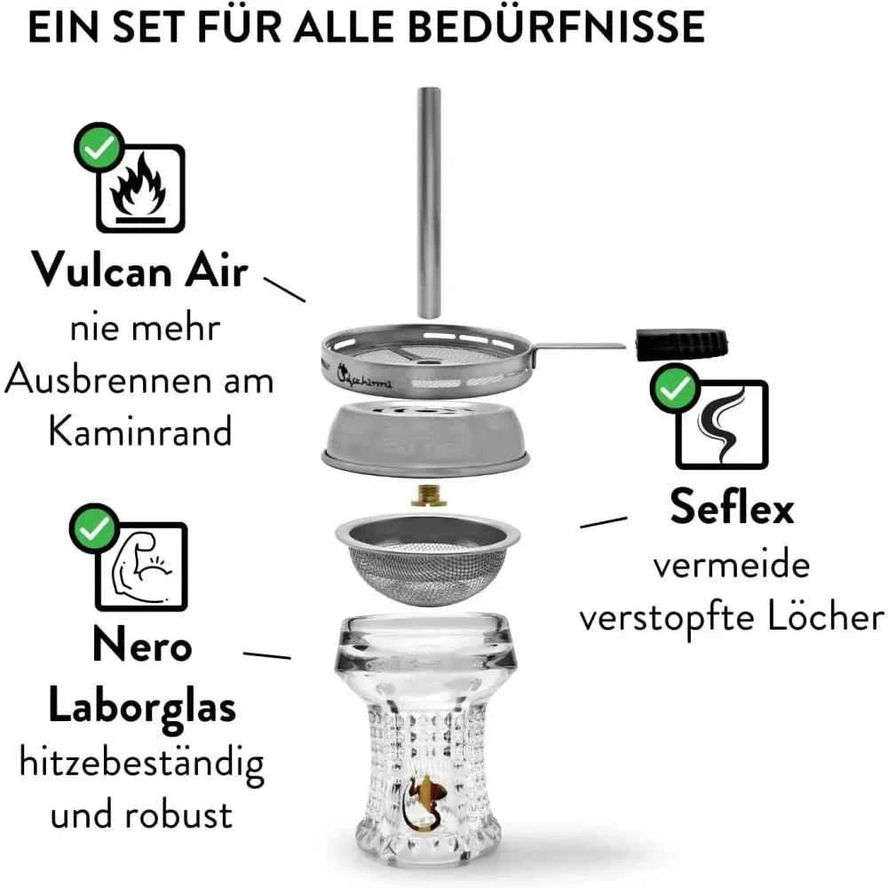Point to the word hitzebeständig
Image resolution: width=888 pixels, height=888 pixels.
pyautogui.click(x=142, y=763)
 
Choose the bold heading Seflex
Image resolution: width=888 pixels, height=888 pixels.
pyautogui.click(x=732, y=508)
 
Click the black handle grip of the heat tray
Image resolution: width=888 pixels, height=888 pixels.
pyautogui.click(x=681, y=342)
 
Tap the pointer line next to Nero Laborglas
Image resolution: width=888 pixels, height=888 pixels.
pyautogui.click(x=266, y=656)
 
